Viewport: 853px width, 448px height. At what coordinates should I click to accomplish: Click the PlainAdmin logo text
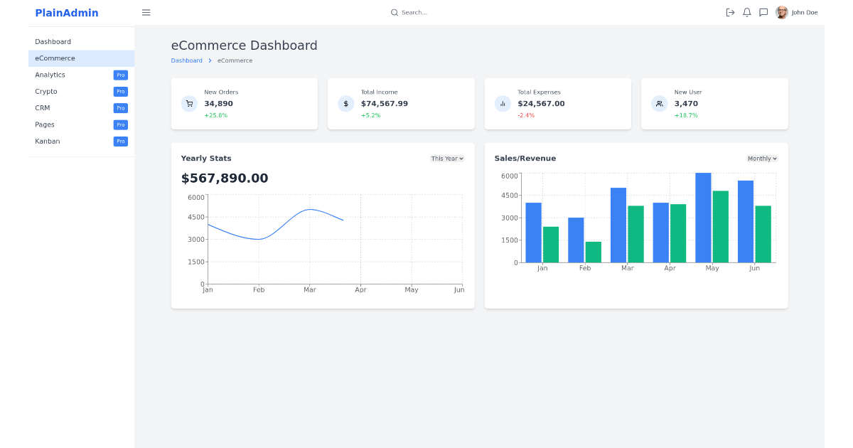[x=67, y=13]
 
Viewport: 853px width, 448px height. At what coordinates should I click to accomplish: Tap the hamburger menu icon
[x=146, y=12]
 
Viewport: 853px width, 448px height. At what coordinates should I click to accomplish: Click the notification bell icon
[x=746, y=12]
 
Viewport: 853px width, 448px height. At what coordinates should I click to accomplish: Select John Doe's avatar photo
[x=781, y=12]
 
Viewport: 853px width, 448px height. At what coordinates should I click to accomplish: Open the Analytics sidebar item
[x=50, y=75]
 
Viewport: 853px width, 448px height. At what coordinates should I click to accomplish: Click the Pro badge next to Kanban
[x=120, y=142]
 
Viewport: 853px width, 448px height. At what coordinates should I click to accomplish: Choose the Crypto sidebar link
[x=46, y=92]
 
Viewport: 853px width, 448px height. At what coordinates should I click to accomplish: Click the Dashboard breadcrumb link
[x=186, y=61]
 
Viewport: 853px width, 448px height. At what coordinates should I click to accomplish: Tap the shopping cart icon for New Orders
[x=189, y=104]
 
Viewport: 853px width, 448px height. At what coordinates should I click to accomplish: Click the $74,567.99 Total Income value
[x=384, y=104]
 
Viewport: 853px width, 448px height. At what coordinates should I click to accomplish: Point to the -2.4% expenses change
[x=525, y=115]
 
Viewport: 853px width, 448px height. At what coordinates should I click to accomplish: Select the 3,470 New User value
[x=686, y=104]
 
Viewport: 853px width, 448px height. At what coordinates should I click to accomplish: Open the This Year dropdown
[x=447, y=159]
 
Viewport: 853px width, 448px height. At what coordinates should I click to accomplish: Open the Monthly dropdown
[x=762, y=159]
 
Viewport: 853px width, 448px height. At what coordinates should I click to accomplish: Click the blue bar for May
[x=703, y=218]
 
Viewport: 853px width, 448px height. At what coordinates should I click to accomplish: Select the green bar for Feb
[x=593, y=252]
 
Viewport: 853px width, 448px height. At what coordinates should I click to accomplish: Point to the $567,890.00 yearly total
[x=225, y=178]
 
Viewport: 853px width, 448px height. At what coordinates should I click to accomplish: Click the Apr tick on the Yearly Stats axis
[x=360, y=290]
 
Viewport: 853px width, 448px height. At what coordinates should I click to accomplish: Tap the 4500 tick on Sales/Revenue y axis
[x=510, y=196]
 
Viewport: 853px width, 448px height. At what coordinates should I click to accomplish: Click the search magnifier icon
[x=395, y=12]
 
